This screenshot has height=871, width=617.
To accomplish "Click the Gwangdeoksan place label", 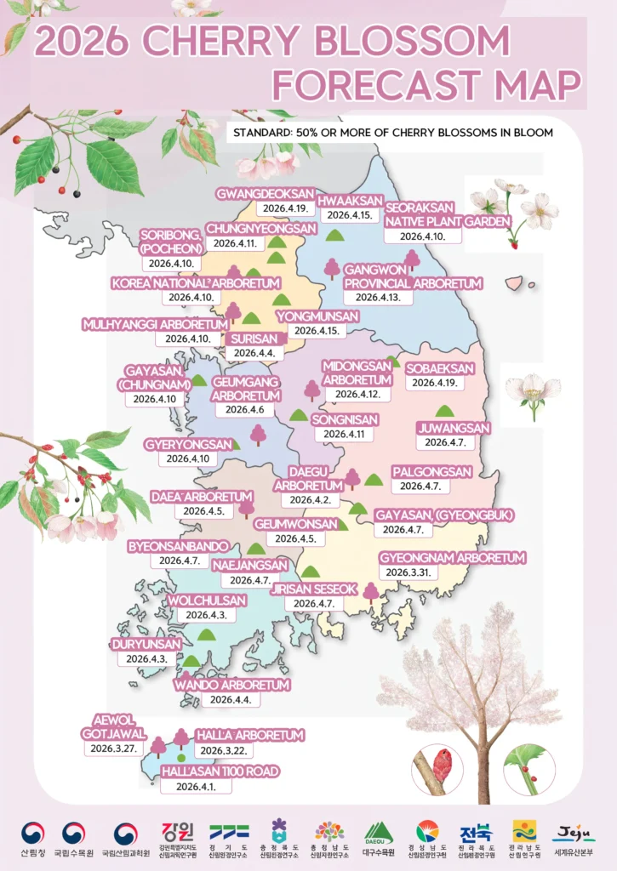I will pos(266,192).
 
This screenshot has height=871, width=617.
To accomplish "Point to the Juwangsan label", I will pos(454,428).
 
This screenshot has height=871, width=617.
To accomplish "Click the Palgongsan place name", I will pos(431,472).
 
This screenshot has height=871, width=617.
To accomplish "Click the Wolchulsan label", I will pos(206,601).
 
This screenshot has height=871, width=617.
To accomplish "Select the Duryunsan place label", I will pos(146,645).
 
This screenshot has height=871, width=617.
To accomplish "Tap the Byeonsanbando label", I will pos(179,545).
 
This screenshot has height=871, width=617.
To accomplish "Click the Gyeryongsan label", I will pos(188,444).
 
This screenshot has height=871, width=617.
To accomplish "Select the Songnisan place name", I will pos(344,419).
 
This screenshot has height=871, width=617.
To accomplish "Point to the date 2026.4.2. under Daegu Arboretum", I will pos(311,500).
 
